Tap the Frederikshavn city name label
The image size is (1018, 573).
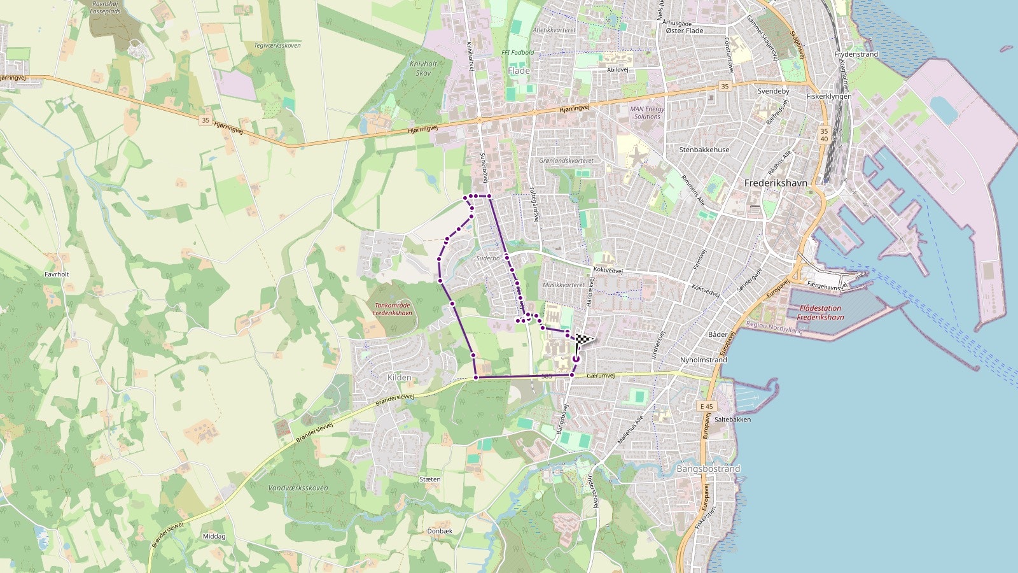coord(776,183)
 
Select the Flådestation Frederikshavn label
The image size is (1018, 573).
coord(820,313)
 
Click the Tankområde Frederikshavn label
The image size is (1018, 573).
coord(393,309)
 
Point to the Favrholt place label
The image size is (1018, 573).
coord(57,274)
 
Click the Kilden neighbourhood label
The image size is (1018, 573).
coord(399,378)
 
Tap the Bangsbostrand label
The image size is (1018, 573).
coord(708,469)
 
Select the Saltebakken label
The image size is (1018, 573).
coord(732,420)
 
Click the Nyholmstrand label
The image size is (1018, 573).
coord(704,360)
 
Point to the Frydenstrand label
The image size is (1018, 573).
coord(856,55)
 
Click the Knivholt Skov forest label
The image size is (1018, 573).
coord(423,68)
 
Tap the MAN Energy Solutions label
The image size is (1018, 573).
coord(647,113)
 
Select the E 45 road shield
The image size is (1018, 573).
coord(707,406)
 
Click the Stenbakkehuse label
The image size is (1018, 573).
coord(704,150)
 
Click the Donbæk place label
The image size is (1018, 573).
coord(440,531)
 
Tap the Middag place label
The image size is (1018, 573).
coord(214,537)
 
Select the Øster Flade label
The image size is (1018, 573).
coord(685,31)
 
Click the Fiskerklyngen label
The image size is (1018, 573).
coord(828,97)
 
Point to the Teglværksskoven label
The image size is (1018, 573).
coord(277,46)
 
